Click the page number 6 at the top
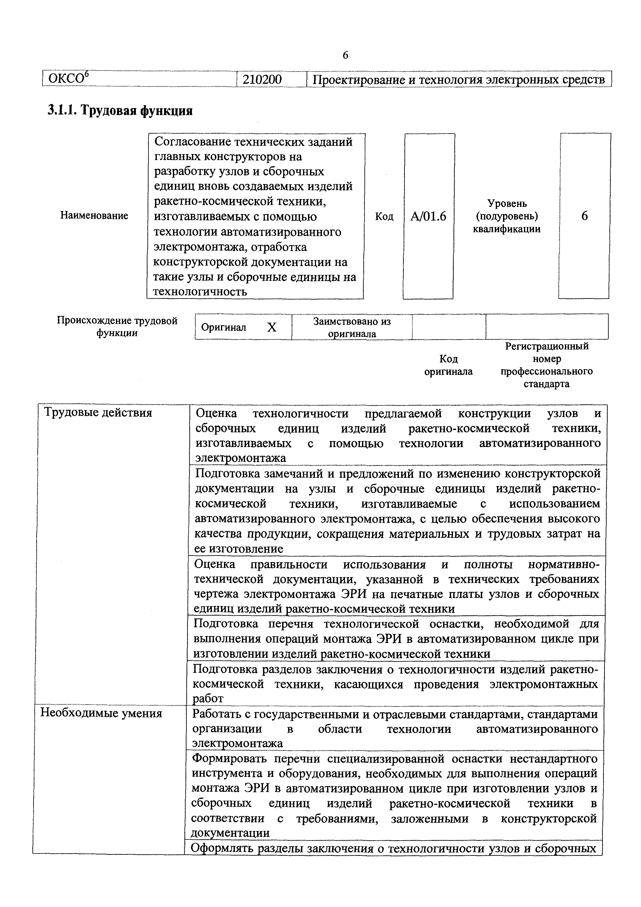pyautogui.click(x=345, y=55)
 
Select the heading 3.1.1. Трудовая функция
pyautogui.click(x=120, y=111)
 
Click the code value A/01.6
pyautogui.click(x=428, y=216)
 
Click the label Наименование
pyautogui.click(x=94, y=215)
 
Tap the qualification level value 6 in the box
pyautogui.click(x=585, y=216)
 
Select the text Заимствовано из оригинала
pyautogui.click(x=352, y=327)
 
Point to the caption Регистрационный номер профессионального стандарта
pyautogui.click(x=547, y=365)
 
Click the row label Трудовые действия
pyautogui.click(x=98, y=413)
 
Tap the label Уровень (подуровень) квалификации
pyautogui.click(x=507, y=216)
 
